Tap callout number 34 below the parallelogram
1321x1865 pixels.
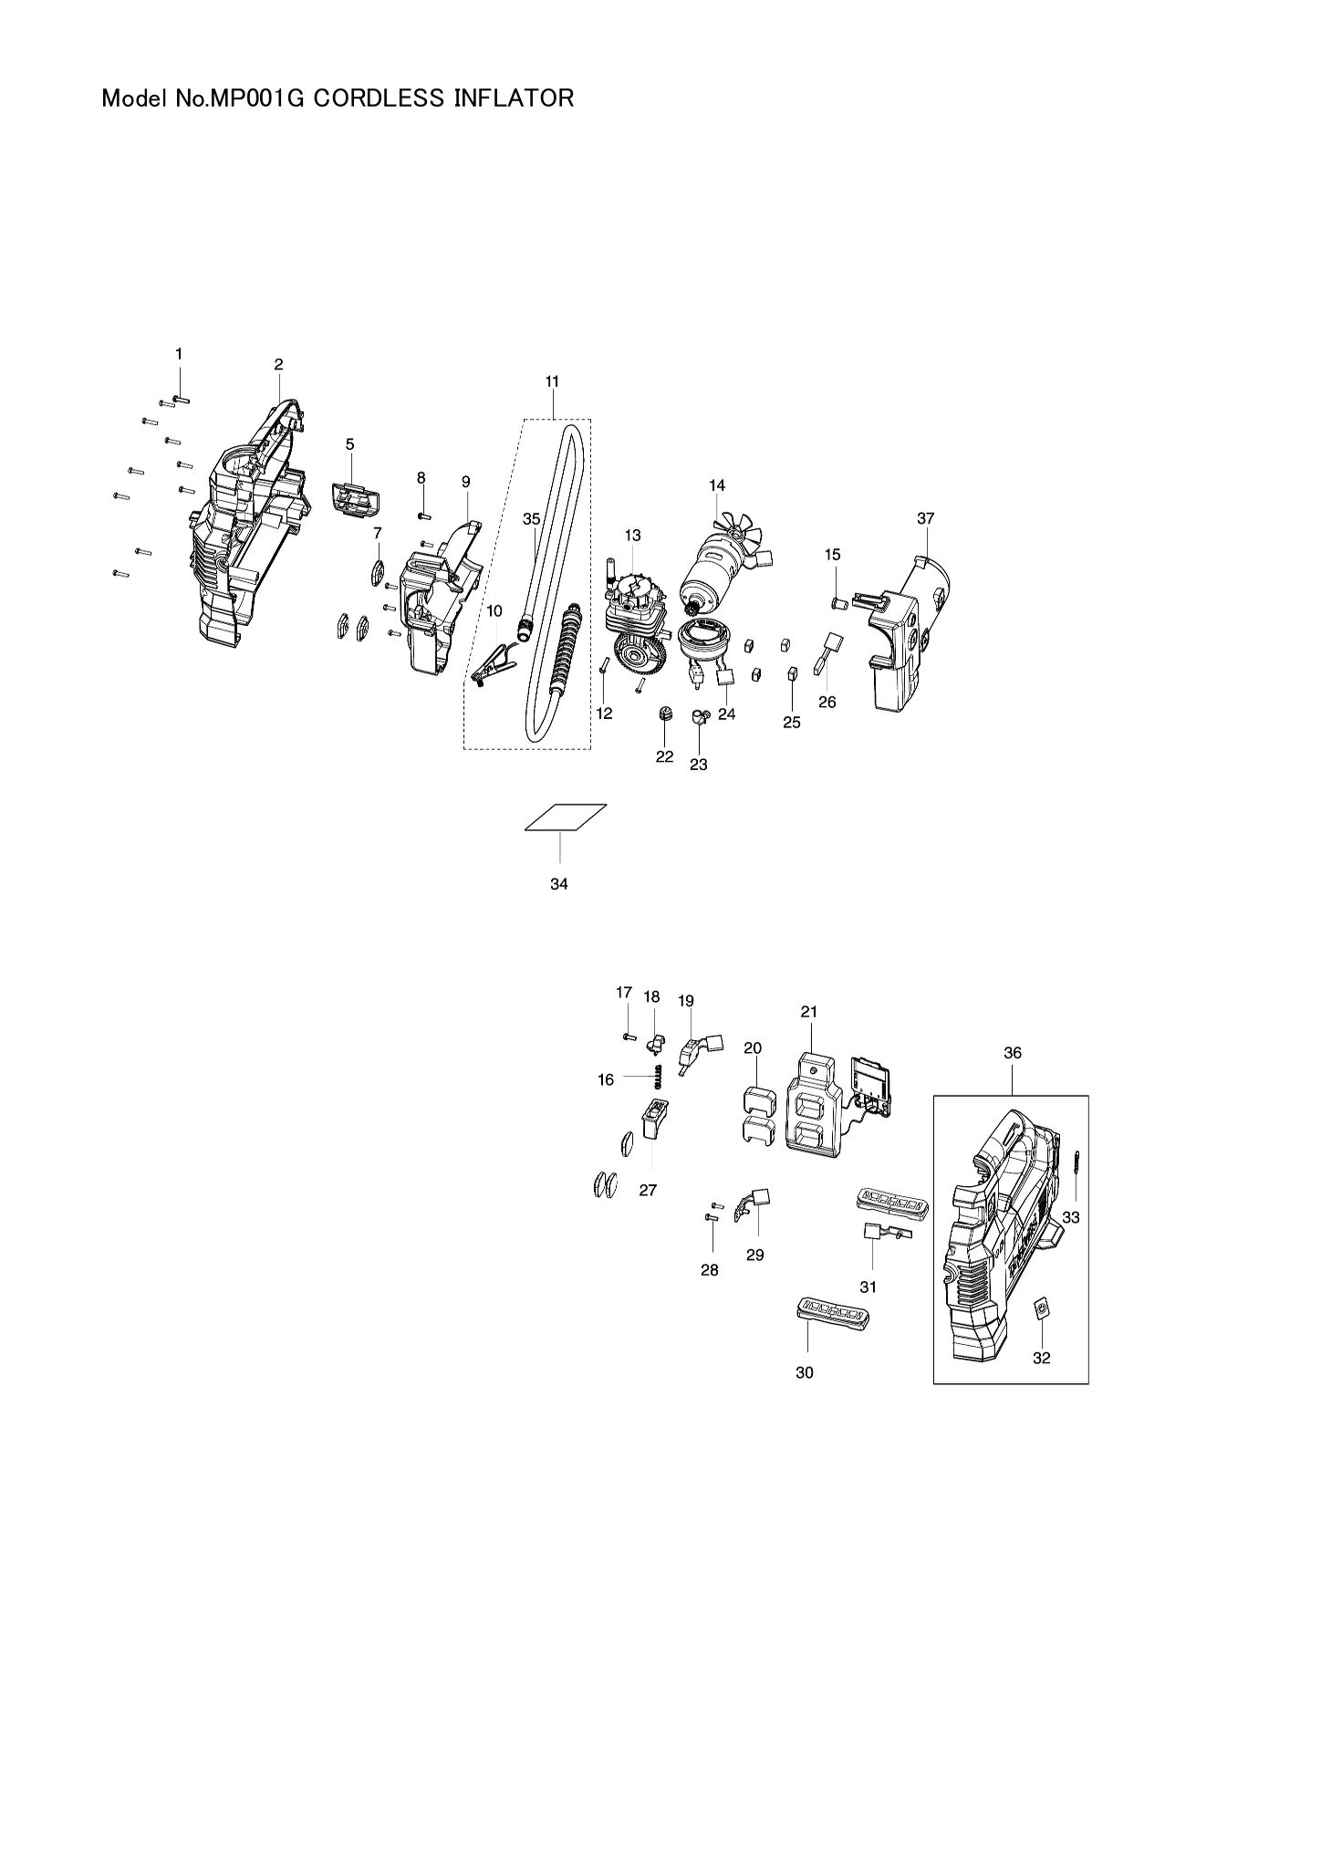(x=559, y=884)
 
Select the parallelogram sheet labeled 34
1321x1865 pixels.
(x=567, y=818)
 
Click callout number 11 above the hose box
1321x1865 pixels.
(x=552, y=380)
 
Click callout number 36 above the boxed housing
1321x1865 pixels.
(x=1012, y=1052)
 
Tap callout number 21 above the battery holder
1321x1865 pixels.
(x=809, y=1011)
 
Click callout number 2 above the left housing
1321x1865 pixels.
(x=278, y=364)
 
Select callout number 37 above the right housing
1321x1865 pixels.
(x=926, y=518)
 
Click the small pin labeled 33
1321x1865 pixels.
(x=1077, y=1165)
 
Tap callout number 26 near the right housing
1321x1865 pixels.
(x=827, y=703)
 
